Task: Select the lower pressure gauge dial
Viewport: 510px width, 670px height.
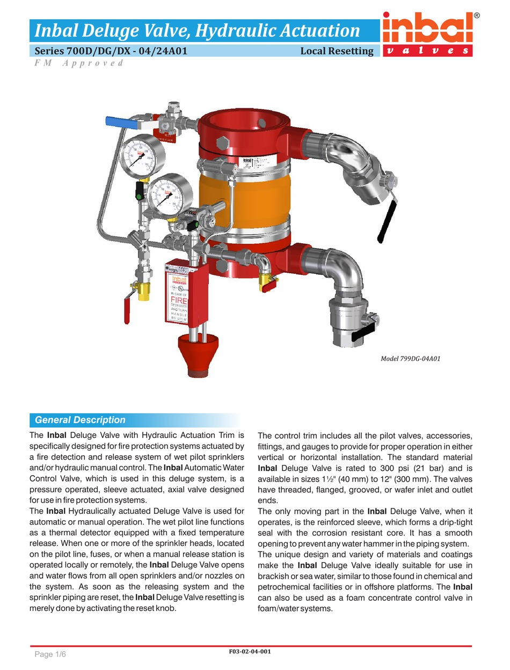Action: pos(170,195)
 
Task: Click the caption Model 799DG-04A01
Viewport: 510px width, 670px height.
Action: pos(410,359)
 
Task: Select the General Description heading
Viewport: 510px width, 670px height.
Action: pos(80,420)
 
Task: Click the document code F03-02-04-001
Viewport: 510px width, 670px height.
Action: pos(250,652)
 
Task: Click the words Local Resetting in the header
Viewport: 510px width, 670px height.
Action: pos(337,52)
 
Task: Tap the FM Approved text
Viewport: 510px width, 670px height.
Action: pos(79,63)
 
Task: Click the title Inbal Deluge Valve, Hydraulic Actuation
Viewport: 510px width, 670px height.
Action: pos(197,30)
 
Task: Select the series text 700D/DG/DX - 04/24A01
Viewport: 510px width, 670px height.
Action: pos(111,52)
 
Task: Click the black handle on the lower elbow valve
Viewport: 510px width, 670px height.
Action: pos(366,333)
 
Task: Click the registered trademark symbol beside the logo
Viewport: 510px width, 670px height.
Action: pos(477,16)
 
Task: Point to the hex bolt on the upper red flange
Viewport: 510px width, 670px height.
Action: pos(222,143)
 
